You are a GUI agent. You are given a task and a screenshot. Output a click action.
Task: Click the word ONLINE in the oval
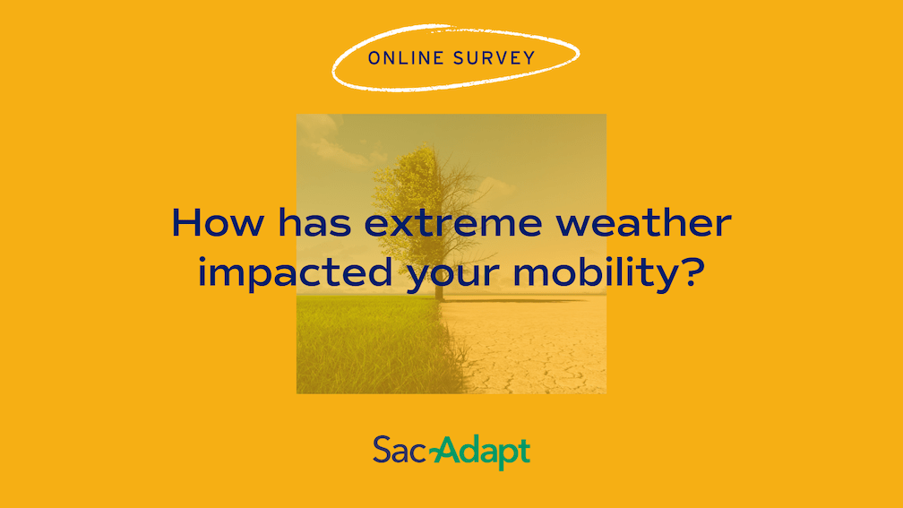406,58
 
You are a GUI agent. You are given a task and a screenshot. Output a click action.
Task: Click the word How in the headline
218,223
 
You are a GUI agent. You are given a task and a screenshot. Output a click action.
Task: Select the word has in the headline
314,222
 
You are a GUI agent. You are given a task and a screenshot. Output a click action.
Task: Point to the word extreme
453,224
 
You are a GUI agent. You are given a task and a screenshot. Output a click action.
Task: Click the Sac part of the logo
400,450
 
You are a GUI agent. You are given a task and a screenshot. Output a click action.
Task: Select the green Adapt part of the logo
484,453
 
